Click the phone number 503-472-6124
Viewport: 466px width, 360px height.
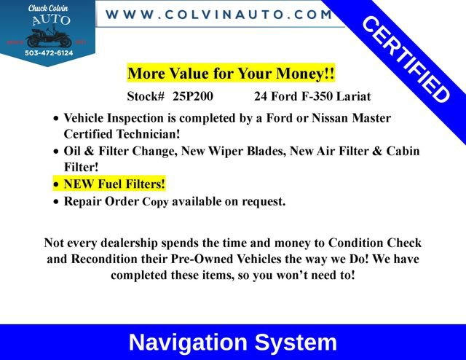tap(48, 52)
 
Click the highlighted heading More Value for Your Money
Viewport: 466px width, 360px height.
tap(231, 74)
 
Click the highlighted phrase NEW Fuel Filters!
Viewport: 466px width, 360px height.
tap(114, 184)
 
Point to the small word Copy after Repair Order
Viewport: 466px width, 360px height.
tap(156, 202)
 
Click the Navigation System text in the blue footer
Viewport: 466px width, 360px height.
tap(232, 343)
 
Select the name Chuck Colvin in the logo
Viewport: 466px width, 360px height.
tap(47, 8)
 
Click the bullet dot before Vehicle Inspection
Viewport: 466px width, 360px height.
tap(57, 119)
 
